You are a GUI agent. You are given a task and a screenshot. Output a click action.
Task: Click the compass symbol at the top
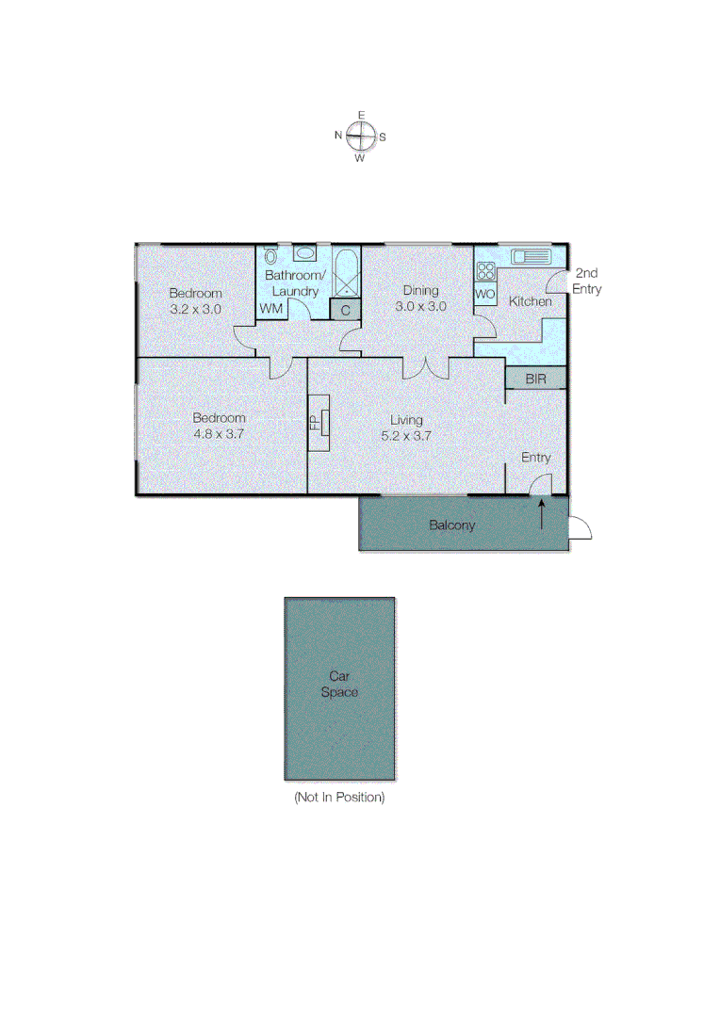tap(360, 137)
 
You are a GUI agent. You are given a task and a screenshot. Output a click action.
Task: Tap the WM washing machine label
tap(271, 309)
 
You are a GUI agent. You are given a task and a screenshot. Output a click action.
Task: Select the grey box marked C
tap(345, 310)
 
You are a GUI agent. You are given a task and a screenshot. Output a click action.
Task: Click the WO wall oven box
tap(484, 294)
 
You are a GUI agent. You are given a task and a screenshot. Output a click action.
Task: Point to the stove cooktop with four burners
tap(485, 271)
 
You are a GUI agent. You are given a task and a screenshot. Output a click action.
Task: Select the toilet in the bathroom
tap(271, 255)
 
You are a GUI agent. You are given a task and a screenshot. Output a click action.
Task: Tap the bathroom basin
tap(305, 253)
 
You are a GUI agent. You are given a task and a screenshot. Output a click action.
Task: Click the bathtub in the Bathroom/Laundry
tap(345, 271)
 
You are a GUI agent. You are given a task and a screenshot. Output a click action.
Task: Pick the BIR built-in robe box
tap(535, 379)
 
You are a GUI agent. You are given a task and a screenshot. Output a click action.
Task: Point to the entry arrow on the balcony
tap(542, 515)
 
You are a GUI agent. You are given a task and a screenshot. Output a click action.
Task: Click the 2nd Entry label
tap(586, 282)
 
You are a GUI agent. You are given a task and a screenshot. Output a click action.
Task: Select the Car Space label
tap(339, 684)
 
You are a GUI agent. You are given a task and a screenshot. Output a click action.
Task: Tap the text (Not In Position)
tap(339, 798)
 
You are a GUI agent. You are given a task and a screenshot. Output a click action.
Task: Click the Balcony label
tap(451, 525)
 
